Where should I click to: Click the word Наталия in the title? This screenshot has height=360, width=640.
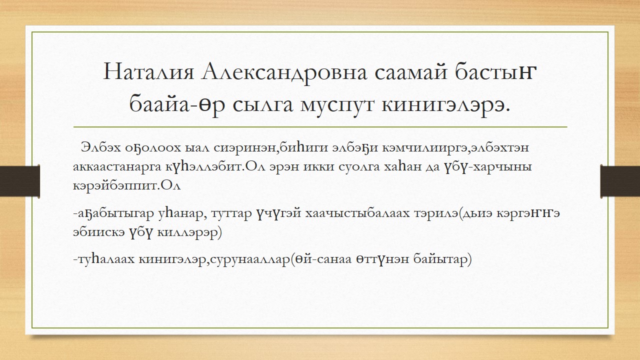point(148,71)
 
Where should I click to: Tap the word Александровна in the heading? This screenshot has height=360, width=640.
point(284,72)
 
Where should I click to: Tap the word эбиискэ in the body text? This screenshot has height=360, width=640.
point(98,232)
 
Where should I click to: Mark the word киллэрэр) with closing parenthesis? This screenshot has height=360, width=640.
point(189,232)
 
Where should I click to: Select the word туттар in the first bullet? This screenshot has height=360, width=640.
point(231,214)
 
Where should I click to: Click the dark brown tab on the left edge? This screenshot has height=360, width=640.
point(19,181)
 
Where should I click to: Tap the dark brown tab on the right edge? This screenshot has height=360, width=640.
point(620,181)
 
